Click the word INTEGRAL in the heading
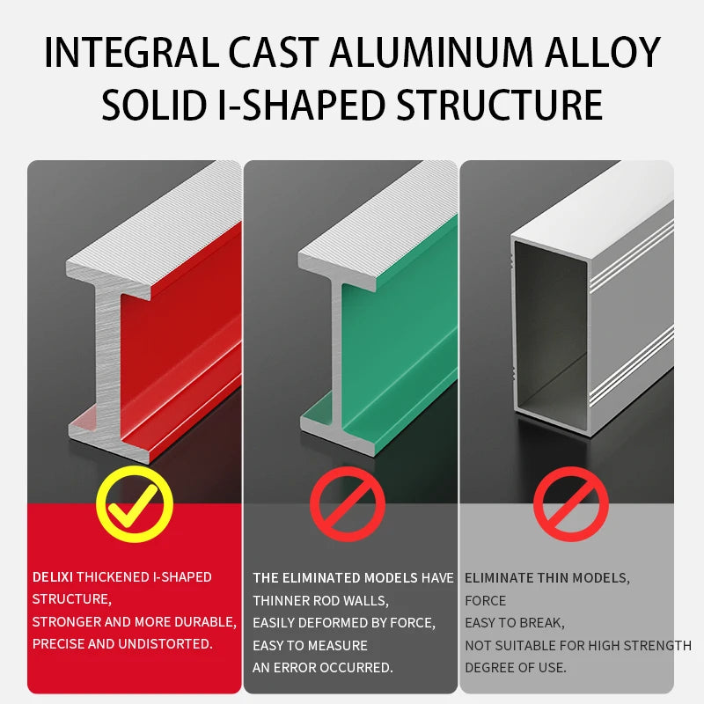point(131,52)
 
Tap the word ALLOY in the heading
point(603,52)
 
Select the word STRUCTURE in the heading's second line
point(500,105)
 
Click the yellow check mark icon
point(135,504)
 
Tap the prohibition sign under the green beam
point(348,503)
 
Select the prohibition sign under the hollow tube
point(570,503)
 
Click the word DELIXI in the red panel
point(53,577)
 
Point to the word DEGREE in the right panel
point(488,668)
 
